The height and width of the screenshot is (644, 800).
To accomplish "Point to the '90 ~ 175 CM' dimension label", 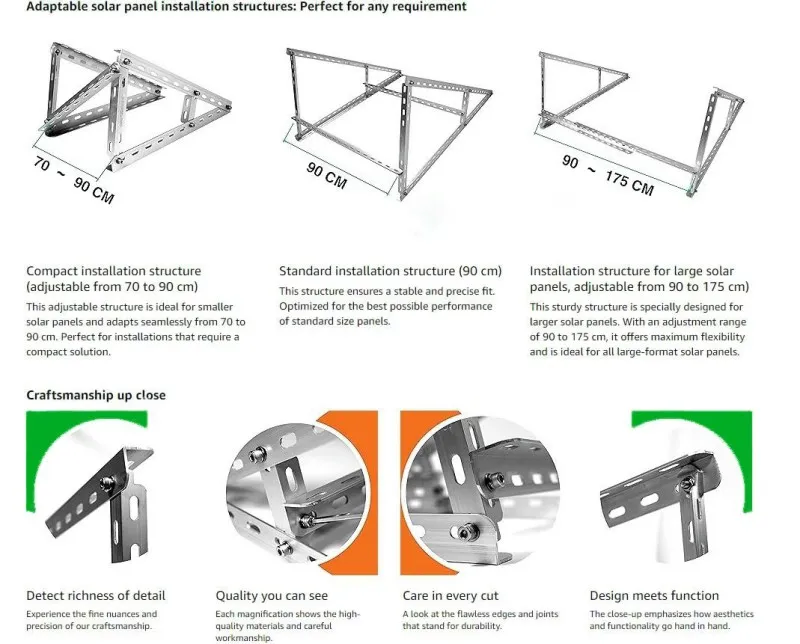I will pos(607,175).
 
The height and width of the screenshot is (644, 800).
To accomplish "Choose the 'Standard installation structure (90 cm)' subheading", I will pos(390,271).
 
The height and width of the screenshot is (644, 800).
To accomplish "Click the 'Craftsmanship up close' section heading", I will pos(96,395).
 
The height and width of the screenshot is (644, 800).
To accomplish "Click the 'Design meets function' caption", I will pos(654,595).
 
